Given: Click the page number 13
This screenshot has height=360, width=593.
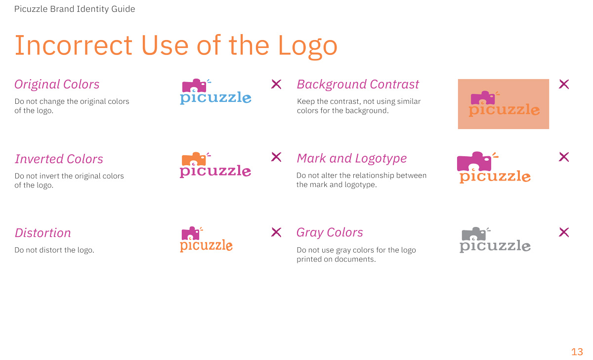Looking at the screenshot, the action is pos(577,352).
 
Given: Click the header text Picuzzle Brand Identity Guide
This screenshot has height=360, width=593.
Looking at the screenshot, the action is pos(75,9).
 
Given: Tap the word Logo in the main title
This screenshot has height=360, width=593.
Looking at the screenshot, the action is pos(307,46).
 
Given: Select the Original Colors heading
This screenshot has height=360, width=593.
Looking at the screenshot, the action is pos(57,85).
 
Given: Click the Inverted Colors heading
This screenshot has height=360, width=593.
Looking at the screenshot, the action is pos(59,159).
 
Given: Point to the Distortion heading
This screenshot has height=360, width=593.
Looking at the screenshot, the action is pos(42,233).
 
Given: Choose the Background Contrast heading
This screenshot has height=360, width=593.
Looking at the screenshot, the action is pos(358,85).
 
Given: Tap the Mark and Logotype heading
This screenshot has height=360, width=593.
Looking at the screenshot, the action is pos(351,158).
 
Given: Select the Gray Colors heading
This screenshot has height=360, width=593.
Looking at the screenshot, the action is pos(330,232).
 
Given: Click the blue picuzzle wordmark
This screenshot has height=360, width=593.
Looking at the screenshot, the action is pos(215,98).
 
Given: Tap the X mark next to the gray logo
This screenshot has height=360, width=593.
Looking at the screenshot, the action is pos(564,232).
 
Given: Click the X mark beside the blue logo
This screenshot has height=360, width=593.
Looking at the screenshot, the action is pos(276,84).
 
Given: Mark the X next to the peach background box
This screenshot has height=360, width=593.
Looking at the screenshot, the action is pos(564,84).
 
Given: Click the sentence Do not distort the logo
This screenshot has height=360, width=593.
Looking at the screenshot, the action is pos(54,250).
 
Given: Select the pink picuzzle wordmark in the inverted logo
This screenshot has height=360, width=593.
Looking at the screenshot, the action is pos(215,172).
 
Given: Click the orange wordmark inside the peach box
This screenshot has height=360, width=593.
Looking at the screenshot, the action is pos(504,110).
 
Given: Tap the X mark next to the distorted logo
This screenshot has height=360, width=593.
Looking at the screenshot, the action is pos(276,232).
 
